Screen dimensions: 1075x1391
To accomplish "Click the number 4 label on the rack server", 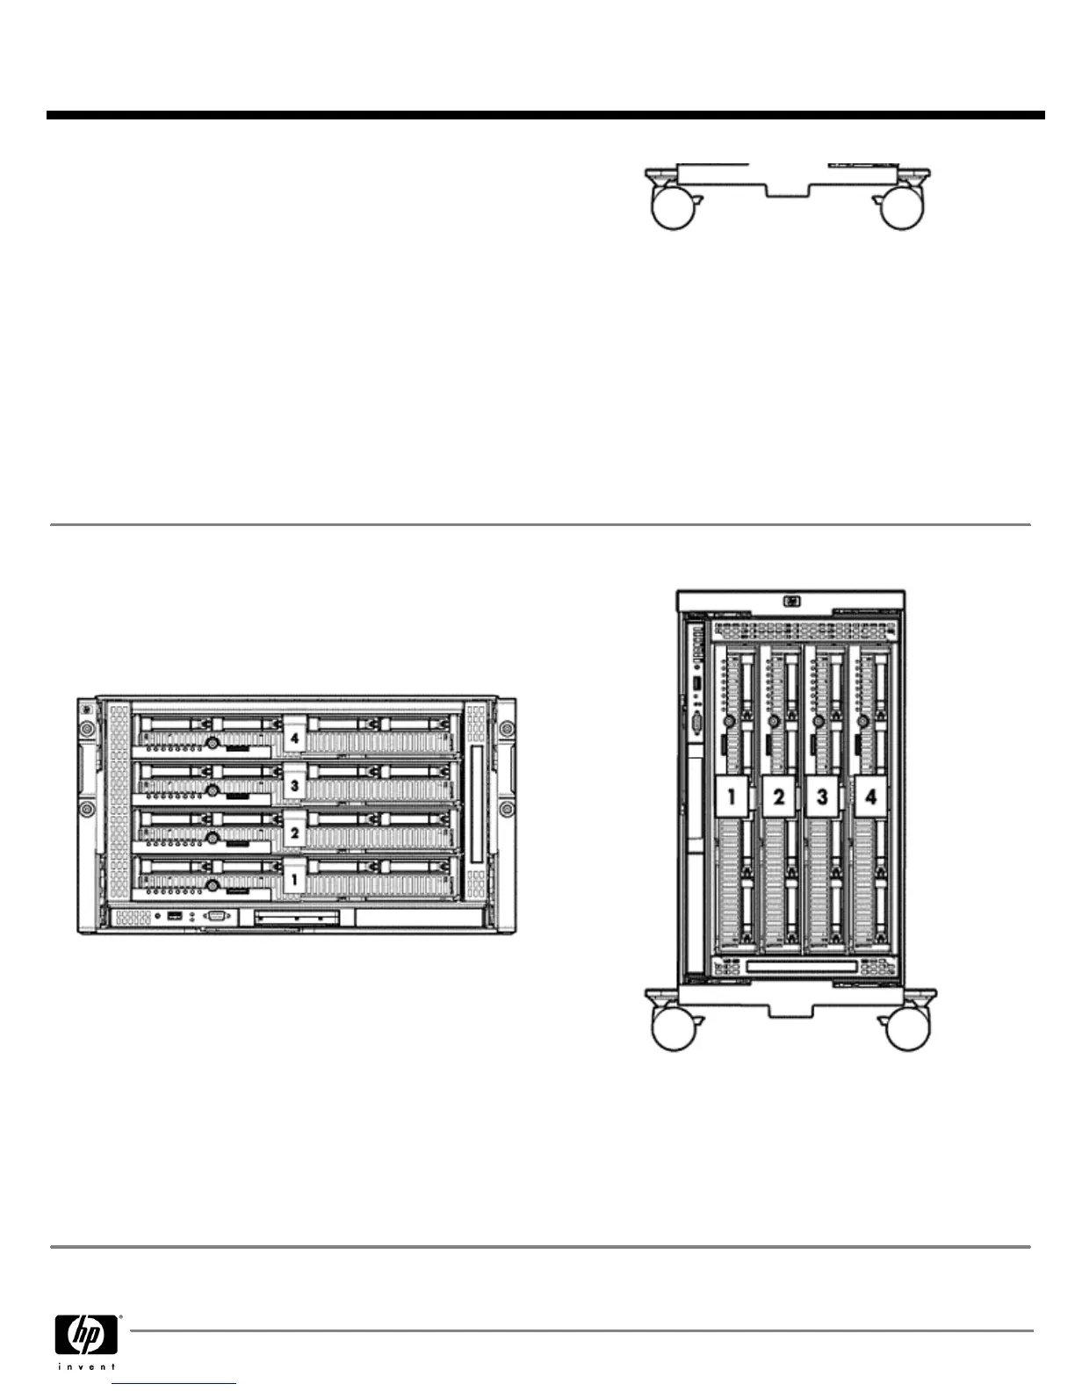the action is (x=295, y=739).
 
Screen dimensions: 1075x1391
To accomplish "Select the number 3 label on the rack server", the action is (x=295, y=786).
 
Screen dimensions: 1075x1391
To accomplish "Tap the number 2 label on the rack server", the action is (x=295, y=832).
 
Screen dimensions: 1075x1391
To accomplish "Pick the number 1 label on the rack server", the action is (x=295, y=878).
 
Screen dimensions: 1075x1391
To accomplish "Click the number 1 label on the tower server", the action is (x=732, y=797).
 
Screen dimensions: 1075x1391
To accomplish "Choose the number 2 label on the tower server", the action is (x=778, y=797).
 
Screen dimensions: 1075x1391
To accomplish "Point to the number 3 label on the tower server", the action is (x=823, y=797).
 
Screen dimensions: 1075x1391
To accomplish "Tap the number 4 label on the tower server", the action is (x=870, y=797).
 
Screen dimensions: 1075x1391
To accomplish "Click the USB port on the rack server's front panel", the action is (x=175, y=917).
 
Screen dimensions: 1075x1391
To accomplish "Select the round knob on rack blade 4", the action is (x=212, y=742).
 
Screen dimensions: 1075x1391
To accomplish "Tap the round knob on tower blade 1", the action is (x=728, y=722).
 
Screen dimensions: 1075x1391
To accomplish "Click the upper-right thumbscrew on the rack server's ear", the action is (x=507, y=730).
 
